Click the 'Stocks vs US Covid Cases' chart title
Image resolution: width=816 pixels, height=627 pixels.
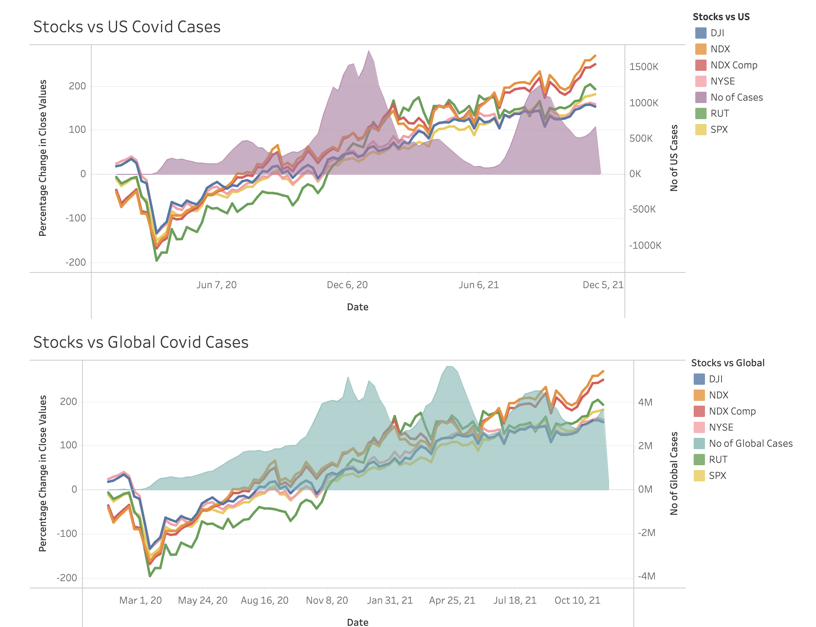tap(127, 27)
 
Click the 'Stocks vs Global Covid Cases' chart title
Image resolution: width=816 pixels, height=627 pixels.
tap(140, 342)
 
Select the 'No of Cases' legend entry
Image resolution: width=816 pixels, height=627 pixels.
tap(736, 97)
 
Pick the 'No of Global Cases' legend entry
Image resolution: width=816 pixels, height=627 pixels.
tap(750, 443)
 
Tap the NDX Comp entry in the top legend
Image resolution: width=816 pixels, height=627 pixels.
tap(734, 65)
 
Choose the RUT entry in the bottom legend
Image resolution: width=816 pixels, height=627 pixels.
tap(718, 460)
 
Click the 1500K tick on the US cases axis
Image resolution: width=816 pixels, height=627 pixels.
tap(644, 67)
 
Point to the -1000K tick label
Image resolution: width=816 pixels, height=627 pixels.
tap(645, 245)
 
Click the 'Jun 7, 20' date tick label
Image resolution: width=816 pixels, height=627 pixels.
tap(216, 285)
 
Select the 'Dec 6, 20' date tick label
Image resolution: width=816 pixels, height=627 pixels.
tap(347, 285)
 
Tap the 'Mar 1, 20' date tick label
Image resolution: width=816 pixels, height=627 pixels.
tap(140, 600)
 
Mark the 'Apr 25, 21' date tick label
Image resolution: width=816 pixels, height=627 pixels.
tap(452, 600)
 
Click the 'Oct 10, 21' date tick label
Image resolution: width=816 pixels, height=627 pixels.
tap(577, 600)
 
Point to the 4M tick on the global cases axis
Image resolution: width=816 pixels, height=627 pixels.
tap(645, 402)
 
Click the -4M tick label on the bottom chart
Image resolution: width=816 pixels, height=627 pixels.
tap(647, 576)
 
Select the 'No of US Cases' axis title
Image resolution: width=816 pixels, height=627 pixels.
tap(674, 158)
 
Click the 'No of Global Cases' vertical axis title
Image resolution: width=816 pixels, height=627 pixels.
tap(674, 473)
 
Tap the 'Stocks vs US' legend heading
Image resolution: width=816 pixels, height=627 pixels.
tap(721, 17)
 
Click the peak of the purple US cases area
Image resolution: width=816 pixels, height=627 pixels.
tap(369, 51)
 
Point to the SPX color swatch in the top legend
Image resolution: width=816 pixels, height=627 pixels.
tap(701, 130)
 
